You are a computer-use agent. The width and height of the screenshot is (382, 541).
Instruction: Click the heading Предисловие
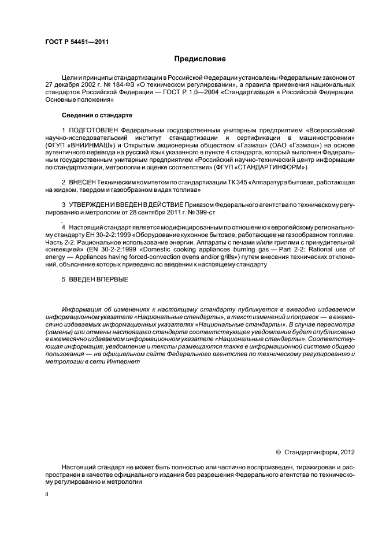[x=199, y=59]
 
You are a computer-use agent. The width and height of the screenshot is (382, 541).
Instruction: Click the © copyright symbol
[x=279, y=452]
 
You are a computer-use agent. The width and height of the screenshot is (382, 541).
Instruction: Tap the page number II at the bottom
[x=47, y=494]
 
